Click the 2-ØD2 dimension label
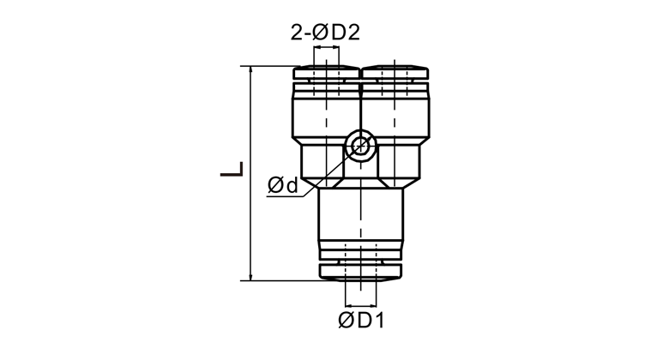tap(325, 33)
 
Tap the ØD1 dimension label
tap(361, 320)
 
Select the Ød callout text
tap(282, 185)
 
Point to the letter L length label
tap(232, 169)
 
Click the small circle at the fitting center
tap(361, 146)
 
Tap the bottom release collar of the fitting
tap(361, 272)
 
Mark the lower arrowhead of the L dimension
tap(250, 276)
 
